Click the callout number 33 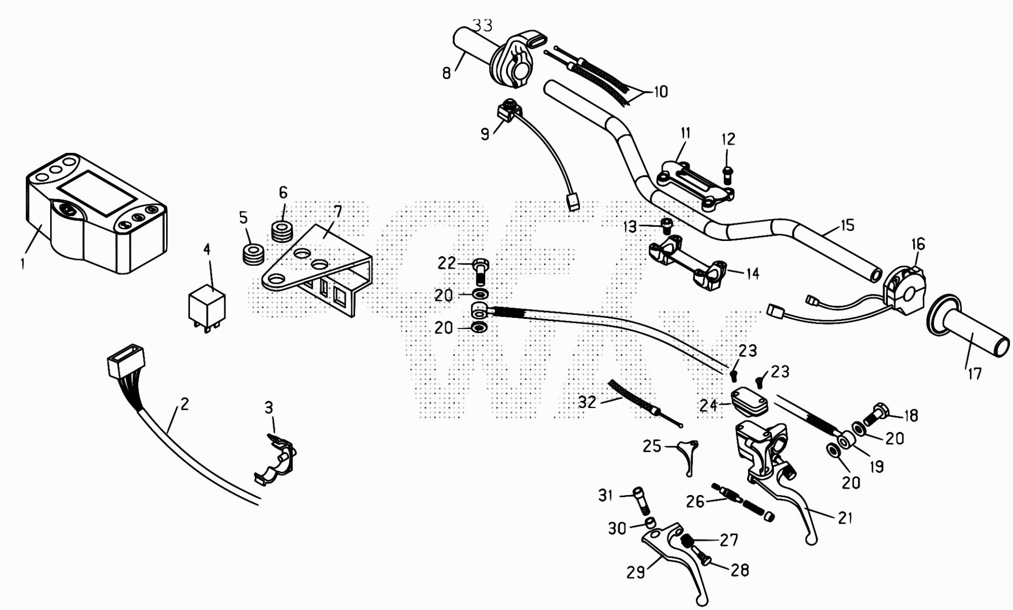point(482,25)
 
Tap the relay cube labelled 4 point(207,305)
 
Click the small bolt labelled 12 point(728,173)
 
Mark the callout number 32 point(587,402)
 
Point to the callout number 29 point(636,572)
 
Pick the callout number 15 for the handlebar point(847,225)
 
